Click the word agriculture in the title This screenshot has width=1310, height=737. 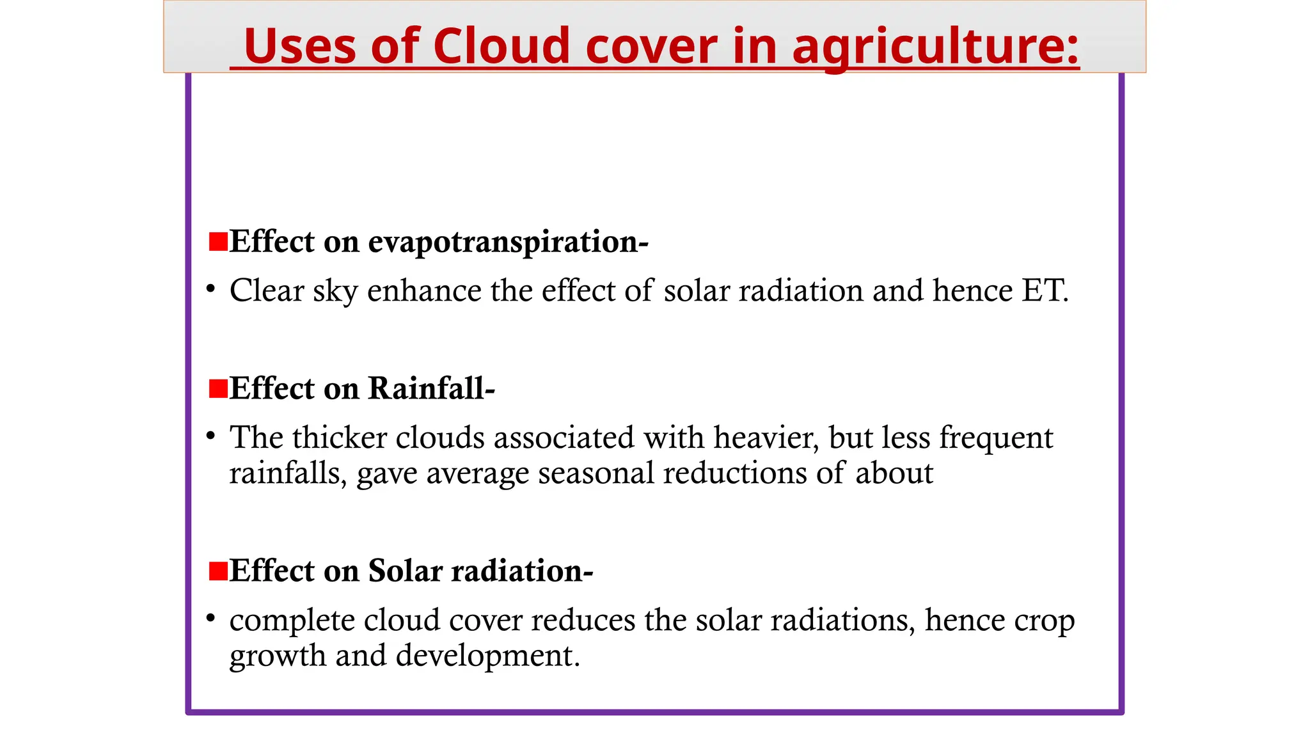[935, 46]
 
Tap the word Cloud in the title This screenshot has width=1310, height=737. [501, 46]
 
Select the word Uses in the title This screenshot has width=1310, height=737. [299, 46]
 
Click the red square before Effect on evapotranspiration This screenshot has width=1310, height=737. [219, 242]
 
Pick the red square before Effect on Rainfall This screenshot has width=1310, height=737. [219, 388]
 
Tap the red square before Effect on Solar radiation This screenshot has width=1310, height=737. [219, 571]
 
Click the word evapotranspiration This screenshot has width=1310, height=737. [508, 242]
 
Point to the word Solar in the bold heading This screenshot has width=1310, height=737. [405, 571]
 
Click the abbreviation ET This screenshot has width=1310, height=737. [1044, 290]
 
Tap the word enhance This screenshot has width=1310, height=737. [423, 290]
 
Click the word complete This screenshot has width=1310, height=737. [292, 621]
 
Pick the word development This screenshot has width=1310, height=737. [487, 656]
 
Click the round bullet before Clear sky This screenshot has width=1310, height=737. [210, 290]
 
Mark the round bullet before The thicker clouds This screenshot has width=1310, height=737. [210, 436]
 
